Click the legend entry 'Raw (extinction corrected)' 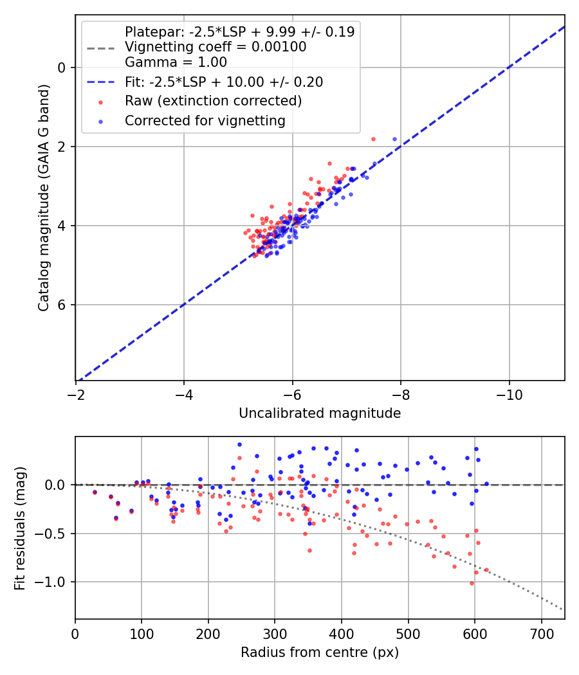[213, 101]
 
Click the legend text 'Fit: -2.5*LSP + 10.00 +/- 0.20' [223, 82]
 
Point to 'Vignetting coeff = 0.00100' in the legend [216, 47]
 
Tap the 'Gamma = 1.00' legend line [176, 62]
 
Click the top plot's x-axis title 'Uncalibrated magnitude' [320, 413]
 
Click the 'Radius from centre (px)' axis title [320, 652]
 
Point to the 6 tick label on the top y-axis [62, 305]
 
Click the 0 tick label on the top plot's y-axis [62, 67]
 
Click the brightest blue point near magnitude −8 [394, 139]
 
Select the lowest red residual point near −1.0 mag [472, 583]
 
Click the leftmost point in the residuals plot [95, 492]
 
